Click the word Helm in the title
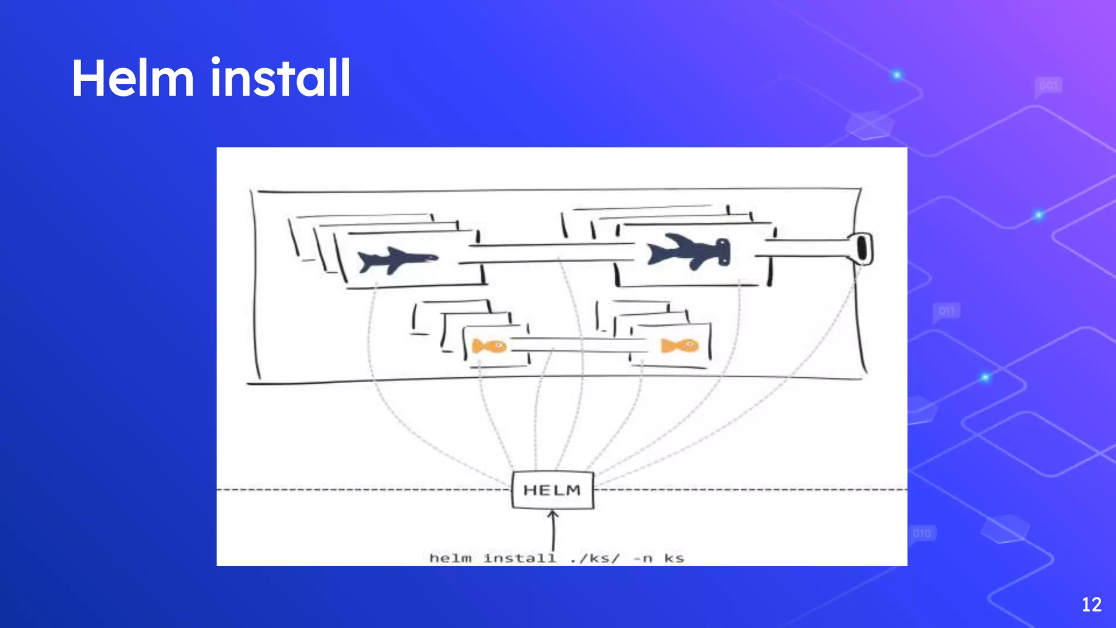pos(133,78)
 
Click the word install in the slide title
pos(280,78)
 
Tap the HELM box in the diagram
pos(552,490)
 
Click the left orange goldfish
pos(489,346)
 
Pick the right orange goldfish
pos(680,345)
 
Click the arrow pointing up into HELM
pos(553,529)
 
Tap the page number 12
pos(1091,605)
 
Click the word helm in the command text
pos(450,558)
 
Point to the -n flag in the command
pos(643,558)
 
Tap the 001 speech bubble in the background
pos(1048,86)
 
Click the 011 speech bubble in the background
pos(947,311)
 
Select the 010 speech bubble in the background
pos(922,533)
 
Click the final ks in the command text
pos(674,558)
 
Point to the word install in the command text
pos(520,558)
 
